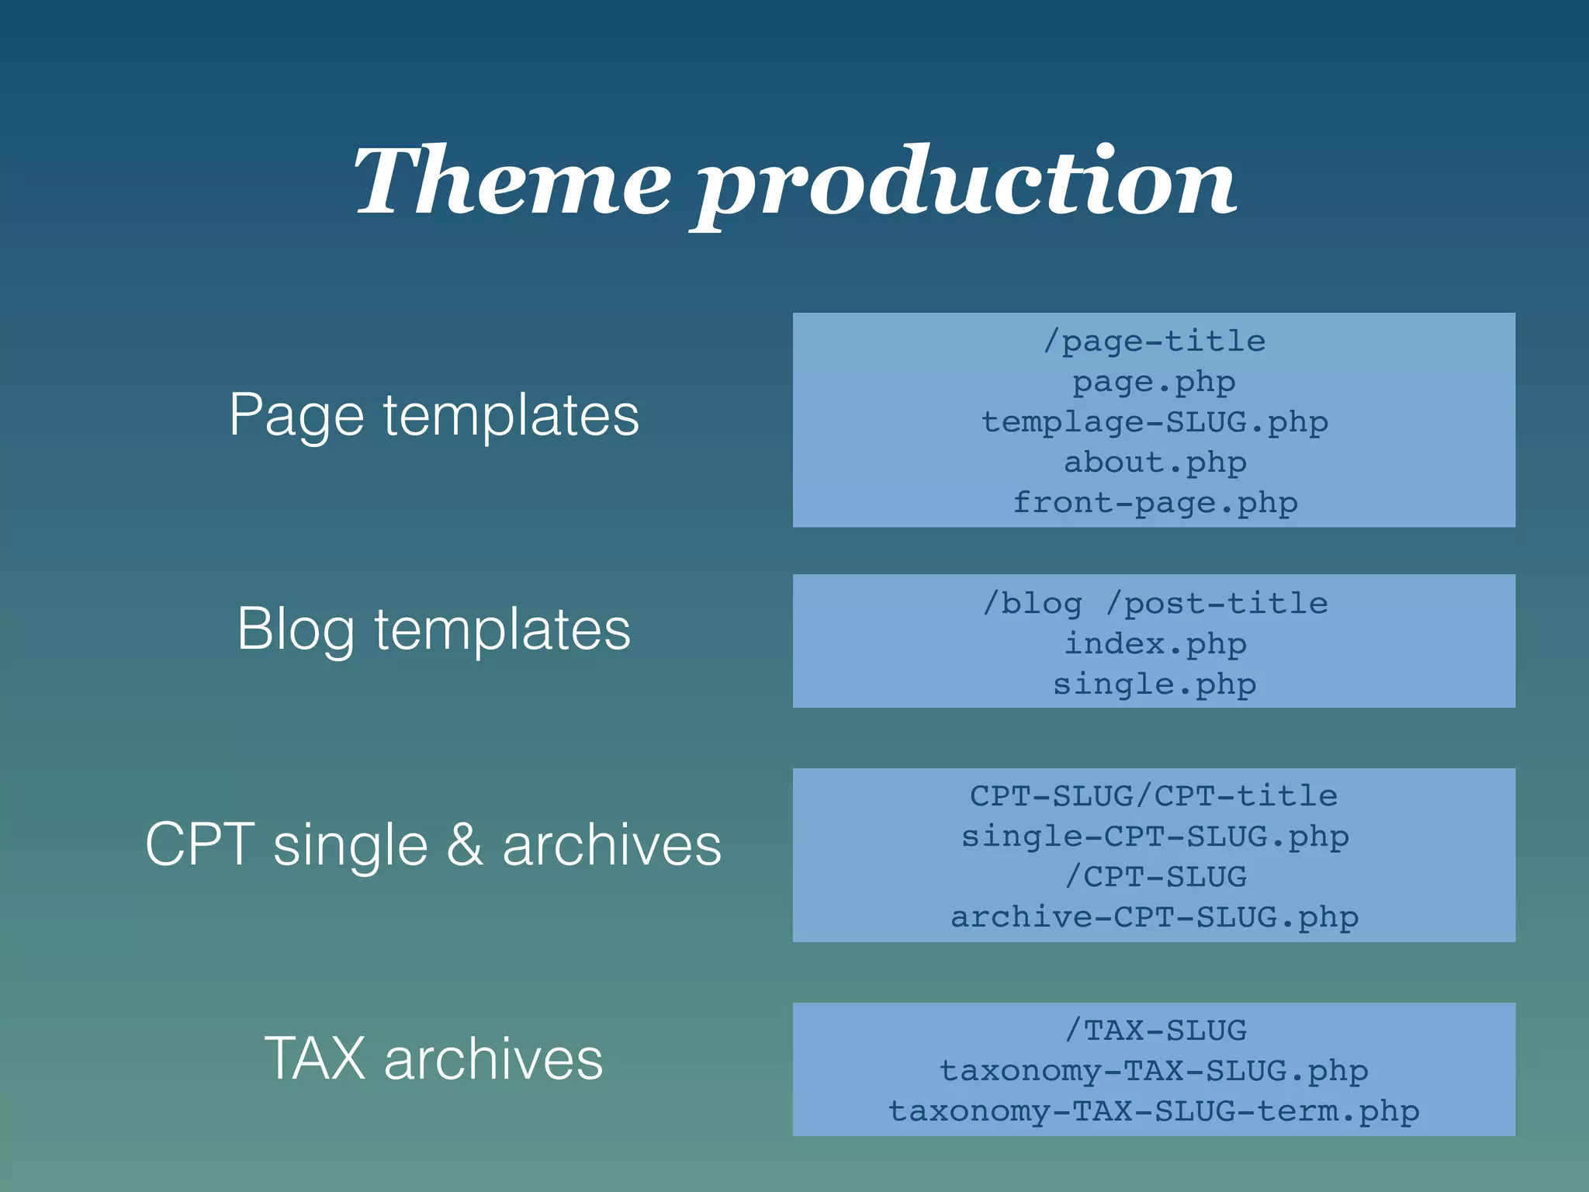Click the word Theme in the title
point(513,182)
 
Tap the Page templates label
point(434,416)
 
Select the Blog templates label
point(434,629)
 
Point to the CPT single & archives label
point(434,844)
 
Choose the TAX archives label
point(434,1059)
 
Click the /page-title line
point(1155,341)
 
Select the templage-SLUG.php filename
point(1155,422)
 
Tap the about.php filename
point(1155,463)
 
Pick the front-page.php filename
point(1155,503)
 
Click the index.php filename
point(1155,644)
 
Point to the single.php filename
point(1155,684)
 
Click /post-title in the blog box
point(1217,604)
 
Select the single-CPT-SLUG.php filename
point(1155,837)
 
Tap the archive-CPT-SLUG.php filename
point(1155,917)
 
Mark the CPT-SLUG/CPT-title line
point(1155,796)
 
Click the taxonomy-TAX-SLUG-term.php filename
point(1155,1111)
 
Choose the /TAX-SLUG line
point(1155,1031)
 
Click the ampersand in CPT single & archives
point(465,844)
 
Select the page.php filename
point(1155,382)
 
